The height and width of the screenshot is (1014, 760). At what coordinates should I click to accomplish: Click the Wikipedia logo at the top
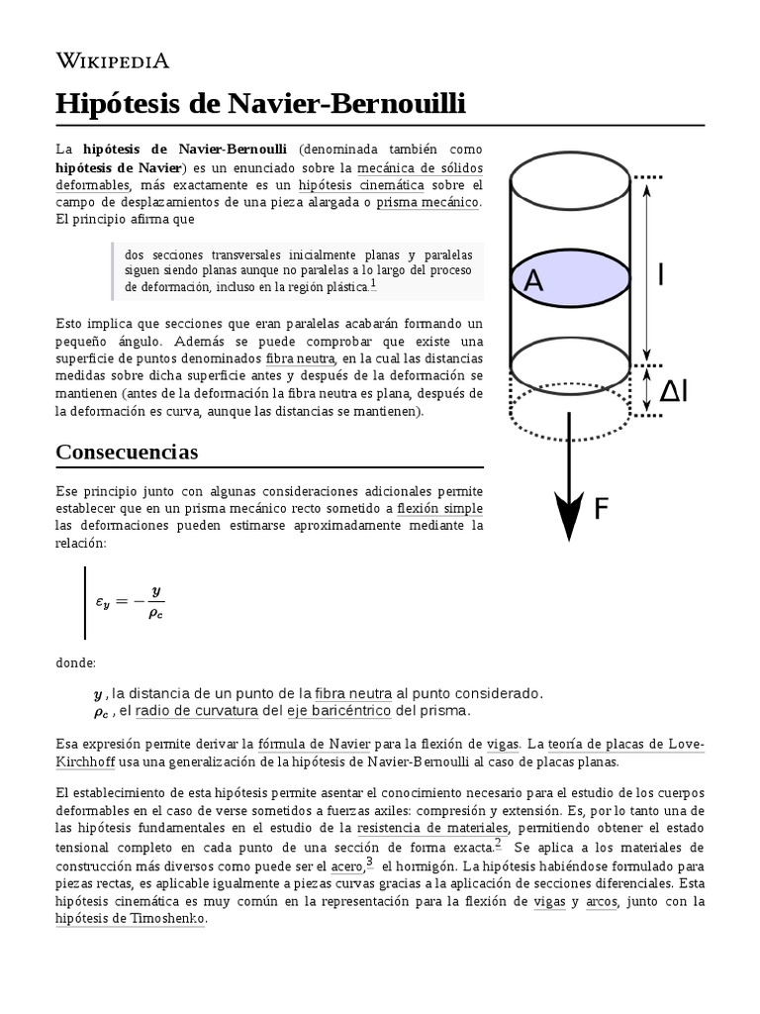tap(113, 61)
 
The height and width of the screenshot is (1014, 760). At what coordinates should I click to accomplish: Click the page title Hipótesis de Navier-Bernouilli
tap(260, 104)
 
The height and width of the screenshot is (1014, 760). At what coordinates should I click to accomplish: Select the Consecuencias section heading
tap(127, 453)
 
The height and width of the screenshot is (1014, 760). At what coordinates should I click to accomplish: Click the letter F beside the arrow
tap(601, 510)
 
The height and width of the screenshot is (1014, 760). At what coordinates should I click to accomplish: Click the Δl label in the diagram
tap(688, 392)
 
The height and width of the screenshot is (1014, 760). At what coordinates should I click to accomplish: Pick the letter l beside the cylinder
tap(661, 274)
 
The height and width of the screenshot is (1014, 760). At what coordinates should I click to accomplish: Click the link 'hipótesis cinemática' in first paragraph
tap(361, 185)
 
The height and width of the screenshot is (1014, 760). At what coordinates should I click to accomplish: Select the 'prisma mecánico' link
tap(427, 203)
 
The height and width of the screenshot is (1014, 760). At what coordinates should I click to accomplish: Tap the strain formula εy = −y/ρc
tap(130, 601)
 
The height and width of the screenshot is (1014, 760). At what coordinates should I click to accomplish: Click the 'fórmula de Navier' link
tap(301, 744)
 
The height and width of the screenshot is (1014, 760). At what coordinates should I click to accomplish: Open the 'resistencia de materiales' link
tap(432, 829)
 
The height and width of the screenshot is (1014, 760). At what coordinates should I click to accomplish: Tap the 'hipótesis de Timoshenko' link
tap(131, 918)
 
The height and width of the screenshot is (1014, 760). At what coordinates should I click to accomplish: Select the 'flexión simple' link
tap(439, 508)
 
